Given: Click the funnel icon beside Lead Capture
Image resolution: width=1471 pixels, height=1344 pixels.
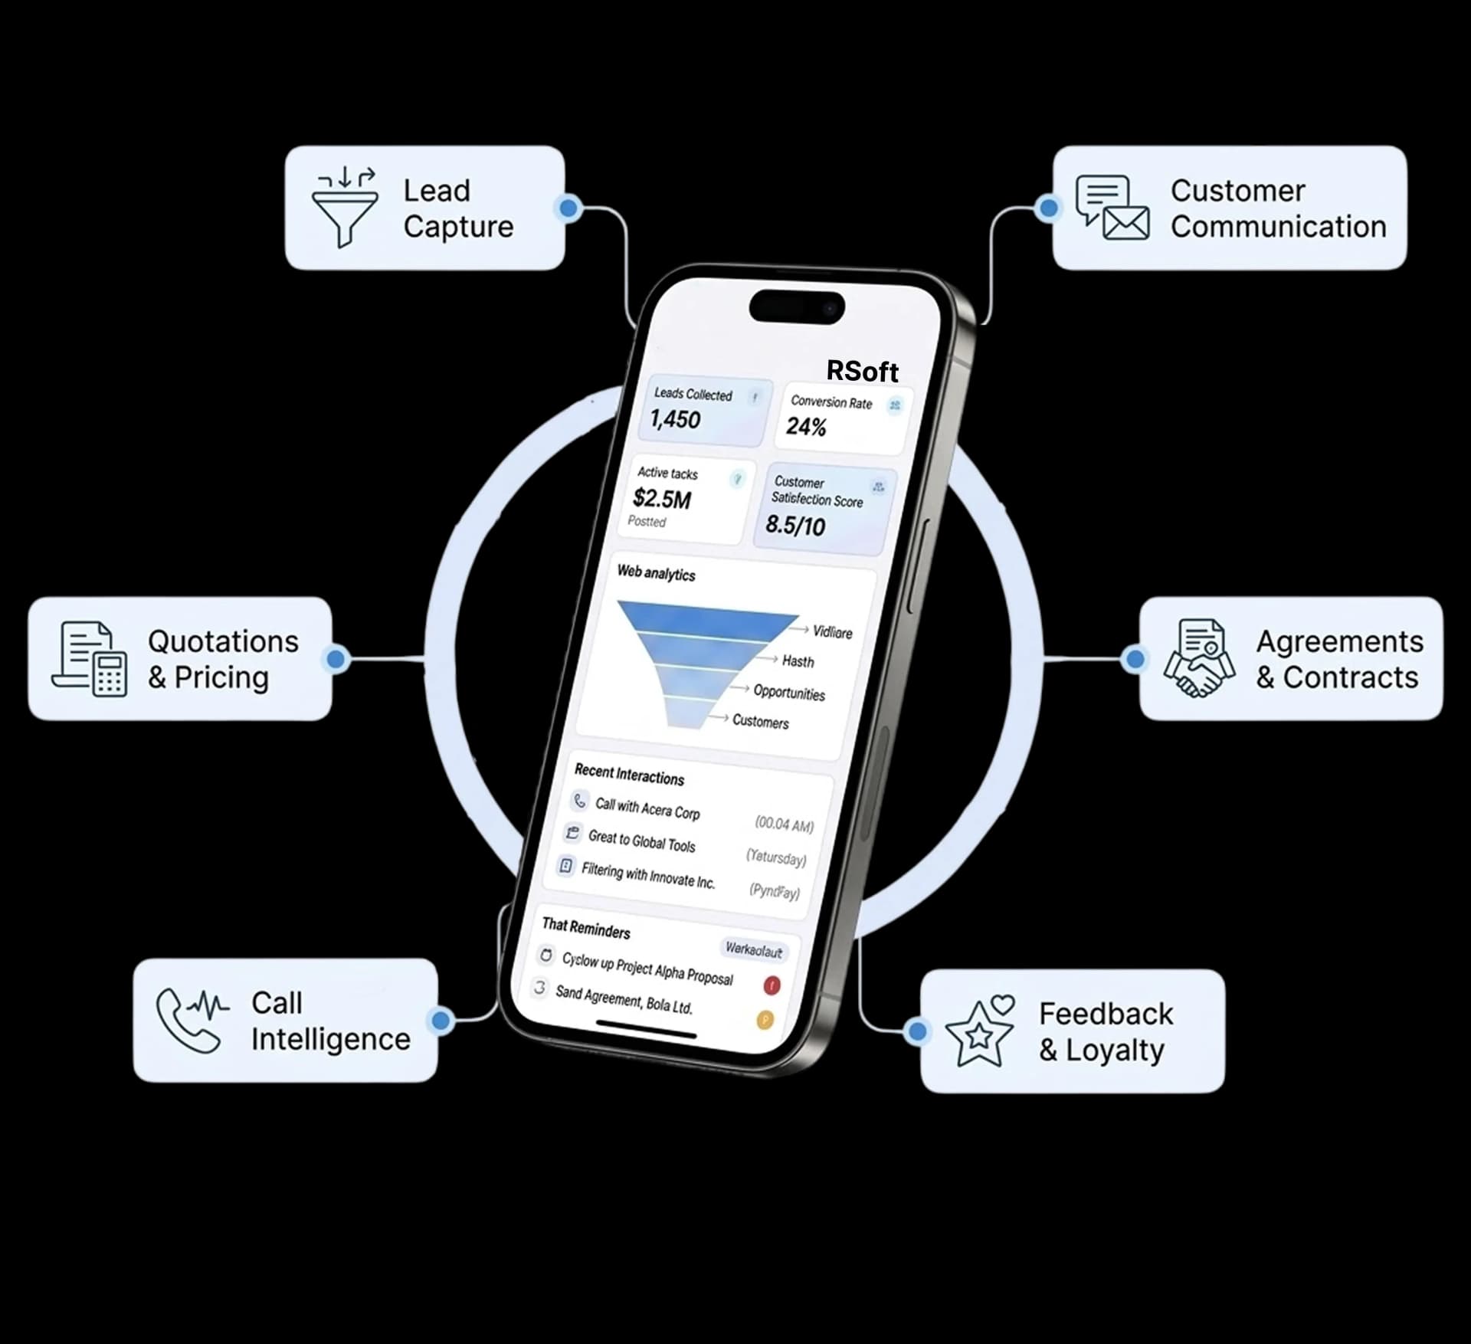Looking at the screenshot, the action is pos(345,208).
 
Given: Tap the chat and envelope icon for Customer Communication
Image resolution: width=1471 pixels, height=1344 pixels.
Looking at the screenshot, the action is pos(1112,208).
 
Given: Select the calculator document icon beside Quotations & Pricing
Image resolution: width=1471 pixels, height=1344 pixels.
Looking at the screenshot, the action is pos(90,659).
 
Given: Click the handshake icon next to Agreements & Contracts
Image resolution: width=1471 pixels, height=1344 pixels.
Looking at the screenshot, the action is pos(1199,658).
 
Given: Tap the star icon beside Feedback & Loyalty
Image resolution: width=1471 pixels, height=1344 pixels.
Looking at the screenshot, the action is pos(980,1031).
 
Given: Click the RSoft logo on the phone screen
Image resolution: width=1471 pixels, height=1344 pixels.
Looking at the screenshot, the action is pos(862,372).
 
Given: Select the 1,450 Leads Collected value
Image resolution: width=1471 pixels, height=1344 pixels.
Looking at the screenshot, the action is pos(675,419).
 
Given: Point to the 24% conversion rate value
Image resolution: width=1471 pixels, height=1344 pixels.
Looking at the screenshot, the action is pos(806,427).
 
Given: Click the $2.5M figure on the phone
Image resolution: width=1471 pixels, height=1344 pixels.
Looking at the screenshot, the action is pos(662,499).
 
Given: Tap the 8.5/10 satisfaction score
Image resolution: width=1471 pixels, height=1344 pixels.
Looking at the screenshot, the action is pos(795,525).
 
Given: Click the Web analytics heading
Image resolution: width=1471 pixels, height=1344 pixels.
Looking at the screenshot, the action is pos(656,573).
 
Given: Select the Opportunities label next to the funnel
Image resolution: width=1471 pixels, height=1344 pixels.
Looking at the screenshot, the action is pos(789,693).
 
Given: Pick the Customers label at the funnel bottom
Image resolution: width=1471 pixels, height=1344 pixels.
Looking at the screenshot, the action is pos(760,721).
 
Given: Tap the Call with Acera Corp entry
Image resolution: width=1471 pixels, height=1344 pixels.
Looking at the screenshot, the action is pos(647,808).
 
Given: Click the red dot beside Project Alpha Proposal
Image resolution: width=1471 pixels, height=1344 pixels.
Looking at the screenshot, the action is pos(772,985).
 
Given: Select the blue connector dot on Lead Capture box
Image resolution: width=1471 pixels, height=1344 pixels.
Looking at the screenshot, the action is pos(568,208).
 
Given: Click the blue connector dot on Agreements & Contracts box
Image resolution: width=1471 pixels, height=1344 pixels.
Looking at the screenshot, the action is pos(1135,658).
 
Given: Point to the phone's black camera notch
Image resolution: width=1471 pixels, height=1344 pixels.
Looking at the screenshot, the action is pos(797,307).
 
